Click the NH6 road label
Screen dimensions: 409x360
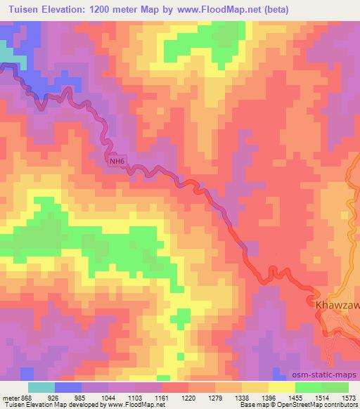[x=117, y=162]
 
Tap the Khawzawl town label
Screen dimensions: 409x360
[x=336, y=306]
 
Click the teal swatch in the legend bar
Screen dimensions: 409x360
[x=41, y=387]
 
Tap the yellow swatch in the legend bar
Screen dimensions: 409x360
[x=282, y=387]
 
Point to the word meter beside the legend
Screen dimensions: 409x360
[x=11, y=397]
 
